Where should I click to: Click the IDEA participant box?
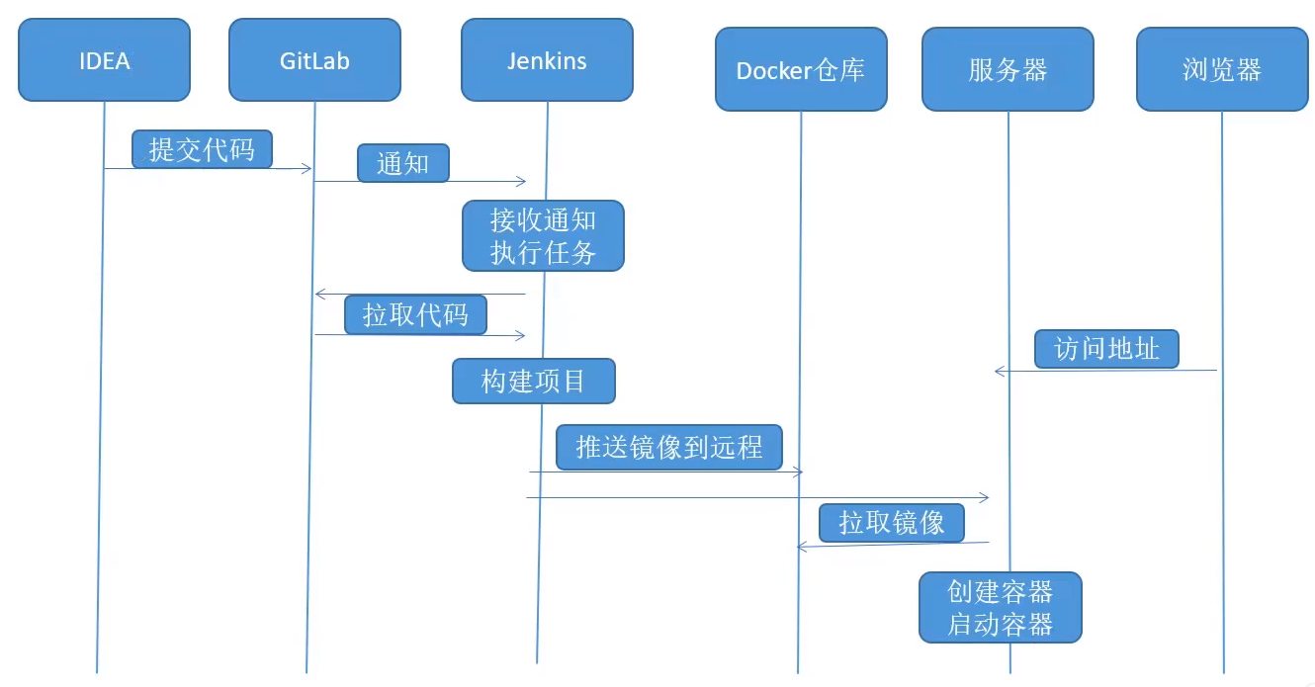105,60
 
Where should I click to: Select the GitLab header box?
314,60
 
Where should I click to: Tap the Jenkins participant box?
547,60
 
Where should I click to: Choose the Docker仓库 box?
801,69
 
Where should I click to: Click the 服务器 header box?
1008,69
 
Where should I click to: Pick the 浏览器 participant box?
1222,69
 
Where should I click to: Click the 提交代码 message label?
202,149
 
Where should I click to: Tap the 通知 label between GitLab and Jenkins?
403,163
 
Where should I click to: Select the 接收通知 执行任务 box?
543,236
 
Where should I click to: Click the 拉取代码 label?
415,315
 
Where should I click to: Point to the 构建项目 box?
534,381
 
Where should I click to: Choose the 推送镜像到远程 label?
669,447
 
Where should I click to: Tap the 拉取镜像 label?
892,523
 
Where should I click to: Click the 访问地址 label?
1106,349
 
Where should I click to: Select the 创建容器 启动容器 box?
1001,607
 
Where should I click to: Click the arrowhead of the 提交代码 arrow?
307,169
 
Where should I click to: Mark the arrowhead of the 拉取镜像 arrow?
802,547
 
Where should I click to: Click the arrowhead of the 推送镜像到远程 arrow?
798,472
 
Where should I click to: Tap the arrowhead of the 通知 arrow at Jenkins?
521,181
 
